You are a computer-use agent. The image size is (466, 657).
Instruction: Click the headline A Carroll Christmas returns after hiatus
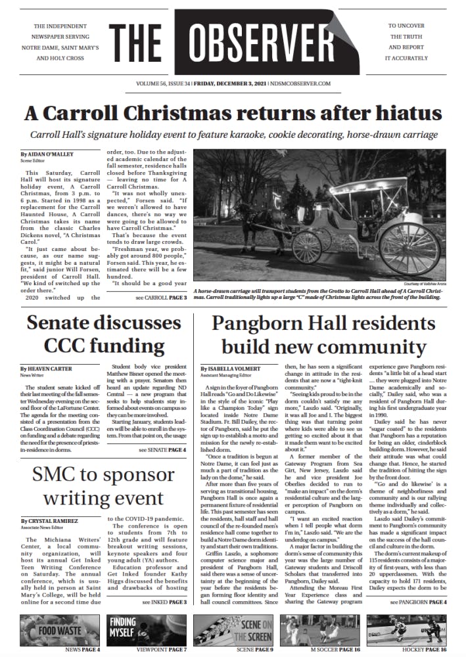pos(233,112)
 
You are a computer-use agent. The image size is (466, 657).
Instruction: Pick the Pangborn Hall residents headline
pos(327,334)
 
